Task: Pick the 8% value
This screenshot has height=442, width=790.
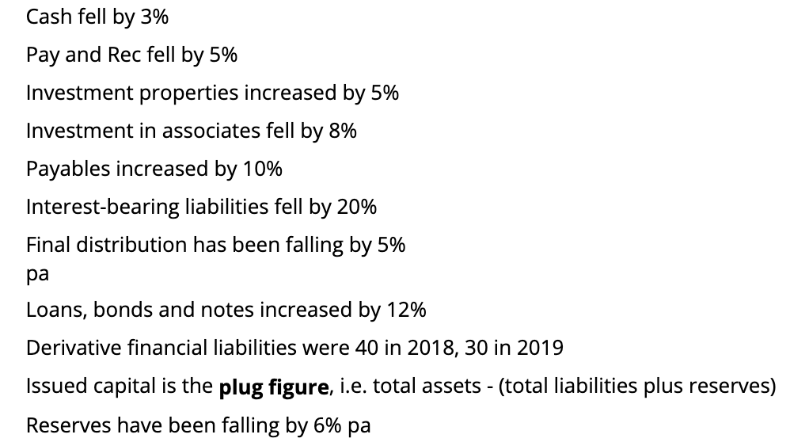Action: [x=343, y=131]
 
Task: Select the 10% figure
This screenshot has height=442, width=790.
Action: [x=263, y=169]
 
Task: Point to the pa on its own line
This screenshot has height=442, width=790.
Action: [x=37, y=273]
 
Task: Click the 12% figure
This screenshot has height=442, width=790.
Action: [x=406, y=310]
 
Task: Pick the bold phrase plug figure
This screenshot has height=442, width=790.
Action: [x=273, y=387]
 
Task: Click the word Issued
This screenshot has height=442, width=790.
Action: [x=52, y=387]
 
